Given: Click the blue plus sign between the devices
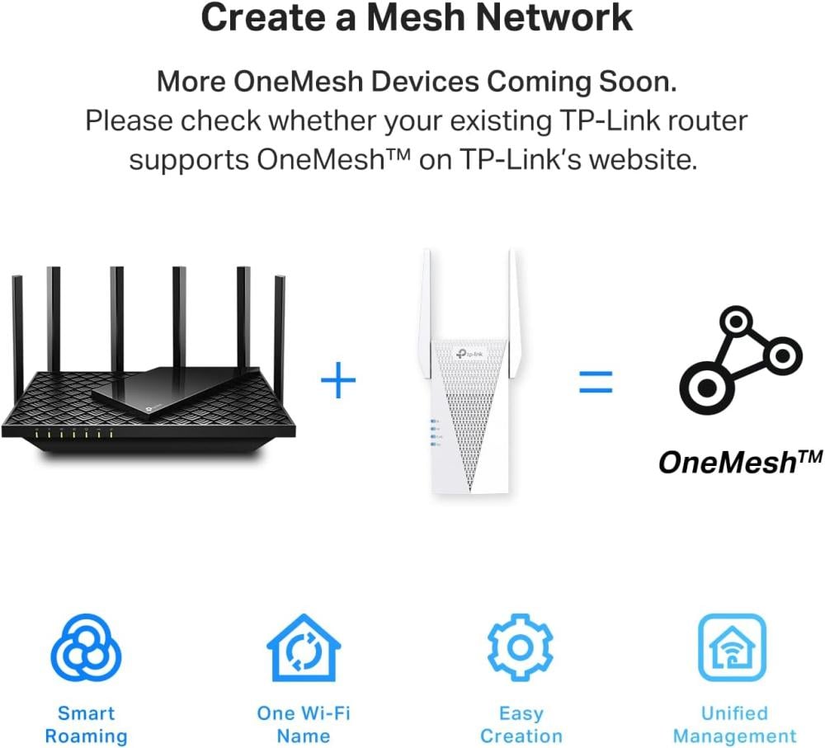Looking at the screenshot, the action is click(x=337, y=380).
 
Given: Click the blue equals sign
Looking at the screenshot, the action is click(x=596, y=382).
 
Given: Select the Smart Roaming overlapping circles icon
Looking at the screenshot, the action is click(x=86, y=648).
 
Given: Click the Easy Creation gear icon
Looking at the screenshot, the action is click(x=520, y=647).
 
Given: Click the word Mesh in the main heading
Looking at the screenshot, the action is click(x=417, y=17).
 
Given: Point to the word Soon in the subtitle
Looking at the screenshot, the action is click(x=638, y=82).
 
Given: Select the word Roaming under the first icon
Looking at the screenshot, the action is click(x=86, y=736).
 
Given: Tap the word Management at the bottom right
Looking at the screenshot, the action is click(x=734, y=736).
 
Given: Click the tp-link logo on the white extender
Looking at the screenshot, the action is click(x=469, y=354).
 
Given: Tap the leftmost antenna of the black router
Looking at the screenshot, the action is click(x=18, y=336).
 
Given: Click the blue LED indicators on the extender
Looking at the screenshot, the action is click(x=436, y=433).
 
